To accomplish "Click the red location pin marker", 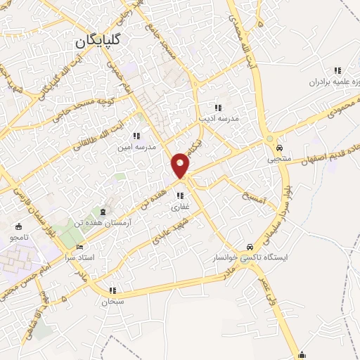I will [x=181, y=165].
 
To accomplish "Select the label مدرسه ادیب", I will [x=219, y=119].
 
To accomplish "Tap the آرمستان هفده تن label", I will [x=108, y=221].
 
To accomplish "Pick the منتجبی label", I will [x=281, y=160].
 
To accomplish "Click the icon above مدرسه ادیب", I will [x=219, y=108].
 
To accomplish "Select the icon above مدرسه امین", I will [x=136, y=136].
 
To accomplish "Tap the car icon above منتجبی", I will [x=280, y=149].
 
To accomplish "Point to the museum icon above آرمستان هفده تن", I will [x=104, y=211].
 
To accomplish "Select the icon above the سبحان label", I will [x=112, y=290].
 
